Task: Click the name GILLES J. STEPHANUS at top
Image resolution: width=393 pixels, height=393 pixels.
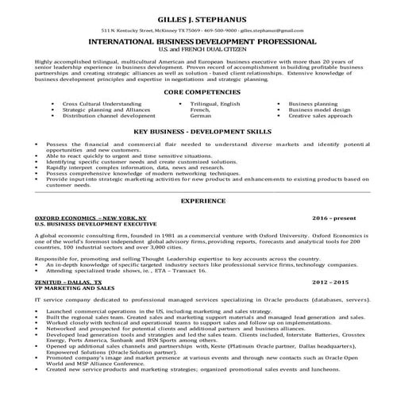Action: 195,15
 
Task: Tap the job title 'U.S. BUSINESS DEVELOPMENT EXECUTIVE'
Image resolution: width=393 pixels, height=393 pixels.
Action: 87,223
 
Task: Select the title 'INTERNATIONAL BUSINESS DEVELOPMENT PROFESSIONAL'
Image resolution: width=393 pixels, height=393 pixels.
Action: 195,40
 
